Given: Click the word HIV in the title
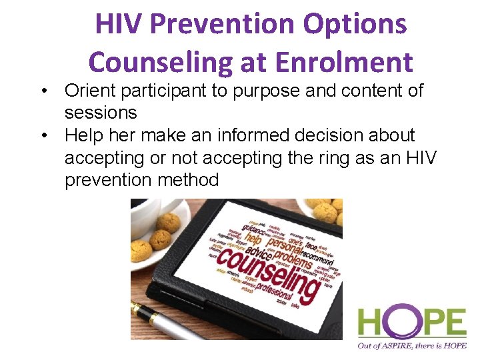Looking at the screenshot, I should click(119, 25).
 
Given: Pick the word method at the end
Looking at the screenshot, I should click(190, 180).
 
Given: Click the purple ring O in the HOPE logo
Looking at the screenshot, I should click(393, 323).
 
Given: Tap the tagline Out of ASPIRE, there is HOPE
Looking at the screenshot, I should click(411, 345).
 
